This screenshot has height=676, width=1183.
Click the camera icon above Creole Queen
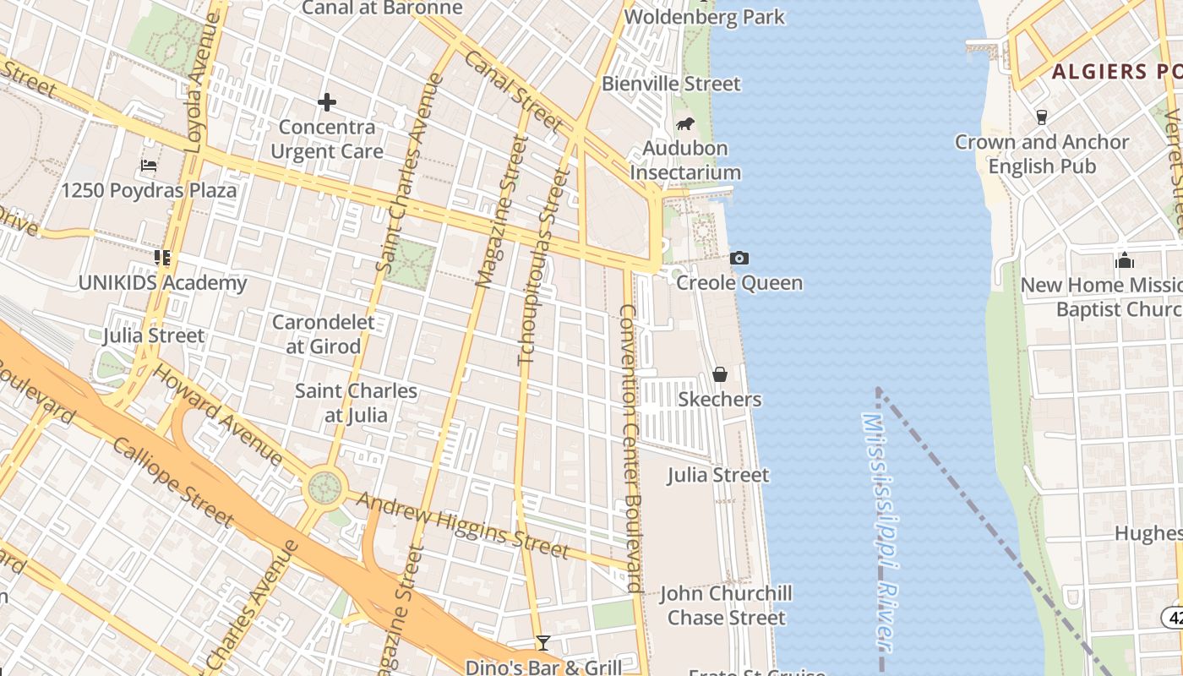739,258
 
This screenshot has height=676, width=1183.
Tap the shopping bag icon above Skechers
720,373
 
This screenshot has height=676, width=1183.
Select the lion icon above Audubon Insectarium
684,124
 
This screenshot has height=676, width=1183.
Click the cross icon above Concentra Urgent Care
327,103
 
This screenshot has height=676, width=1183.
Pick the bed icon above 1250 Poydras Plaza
149,165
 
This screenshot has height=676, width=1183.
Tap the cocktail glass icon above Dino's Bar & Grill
543,644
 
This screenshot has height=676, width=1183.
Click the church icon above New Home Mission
1124,260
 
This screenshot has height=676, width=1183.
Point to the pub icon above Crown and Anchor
1041,117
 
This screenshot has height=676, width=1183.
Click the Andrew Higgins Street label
462,525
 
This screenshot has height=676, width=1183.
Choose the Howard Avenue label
218,414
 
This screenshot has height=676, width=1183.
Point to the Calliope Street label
172,482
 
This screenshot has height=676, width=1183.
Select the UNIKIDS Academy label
162,282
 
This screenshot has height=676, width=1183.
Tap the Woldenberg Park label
704,16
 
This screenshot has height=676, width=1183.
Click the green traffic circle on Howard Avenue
325,487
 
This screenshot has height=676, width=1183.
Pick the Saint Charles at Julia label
356,403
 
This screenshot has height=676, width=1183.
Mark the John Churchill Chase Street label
726,605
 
